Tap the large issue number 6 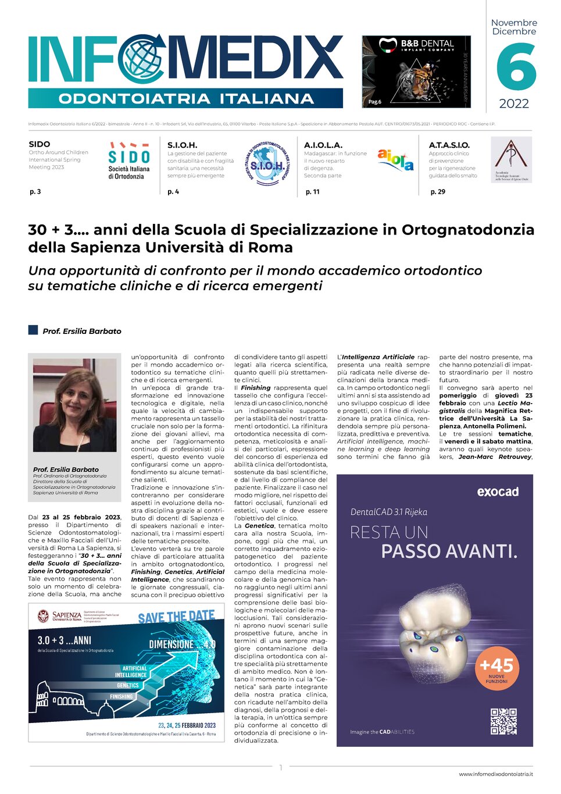(x=516, y=68)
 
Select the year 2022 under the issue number (x=514, y=104)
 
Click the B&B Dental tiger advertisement (x=416, y=72)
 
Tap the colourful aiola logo (x=395, y=159)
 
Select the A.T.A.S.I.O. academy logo (x=511, y=160)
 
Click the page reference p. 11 (x=312, y=192)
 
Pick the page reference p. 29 (x=437, y=192)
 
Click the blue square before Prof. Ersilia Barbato (x=33, y=330)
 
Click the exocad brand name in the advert (x=497, y=492)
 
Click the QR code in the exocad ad (x=503, y=721)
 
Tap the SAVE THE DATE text (x=176, y=617)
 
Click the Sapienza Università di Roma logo (x=59, y=616)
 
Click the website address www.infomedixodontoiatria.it (x=495, y=774)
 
